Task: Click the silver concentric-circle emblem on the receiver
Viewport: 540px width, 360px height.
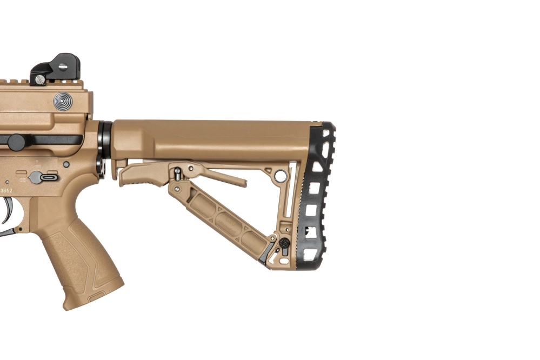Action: click(x=63, y=101)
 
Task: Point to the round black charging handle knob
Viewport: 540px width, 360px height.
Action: click(x=16, y=142)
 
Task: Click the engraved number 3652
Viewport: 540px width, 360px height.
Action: click(x=6, y=190)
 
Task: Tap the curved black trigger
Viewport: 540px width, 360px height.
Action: click(x=8, y=211)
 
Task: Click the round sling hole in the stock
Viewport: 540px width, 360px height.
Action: click(x=281, y=176)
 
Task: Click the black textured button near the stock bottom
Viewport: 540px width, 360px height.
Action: click(x=283, y=243)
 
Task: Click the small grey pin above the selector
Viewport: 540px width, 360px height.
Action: click(x=66, y=164)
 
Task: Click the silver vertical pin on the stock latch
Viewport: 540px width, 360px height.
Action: click(x=177, y=174)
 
